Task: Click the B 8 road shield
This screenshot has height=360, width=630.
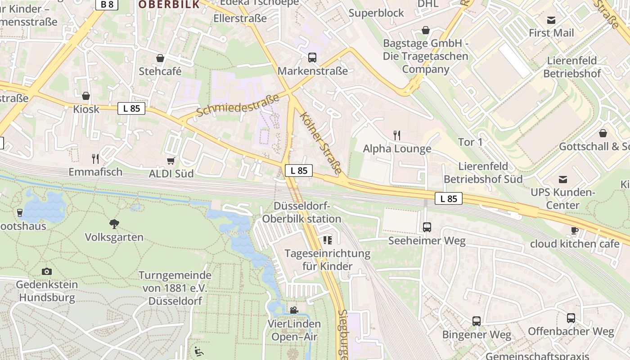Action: click(107, 4)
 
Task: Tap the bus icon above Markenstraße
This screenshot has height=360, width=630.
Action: click(312, 58)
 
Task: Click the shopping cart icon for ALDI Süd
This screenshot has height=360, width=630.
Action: click(171, 161)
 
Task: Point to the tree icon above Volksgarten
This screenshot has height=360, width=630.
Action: click(114, 224)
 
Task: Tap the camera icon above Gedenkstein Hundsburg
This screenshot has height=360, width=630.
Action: click(46, 271)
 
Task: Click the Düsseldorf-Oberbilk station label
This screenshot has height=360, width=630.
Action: click(301, 212)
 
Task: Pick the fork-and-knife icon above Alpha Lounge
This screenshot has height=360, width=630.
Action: click(396, 135)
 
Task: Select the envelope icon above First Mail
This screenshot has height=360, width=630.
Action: click(551, 20)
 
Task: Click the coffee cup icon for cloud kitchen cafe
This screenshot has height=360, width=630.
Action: click(574, 230)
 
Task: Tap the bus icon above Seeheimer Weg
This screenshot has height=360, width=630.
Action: click(427, 227)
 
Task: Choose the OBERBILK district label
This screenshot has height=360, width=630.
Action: click(169, 4)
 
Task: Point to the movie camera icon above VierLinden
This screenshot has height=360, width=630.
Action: click(294, 310)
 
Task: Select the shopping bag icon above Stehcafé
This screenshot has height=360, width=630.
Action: click(160, 58)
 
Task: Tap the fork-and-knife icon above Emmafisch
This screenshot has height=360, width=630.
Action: click(95, 158)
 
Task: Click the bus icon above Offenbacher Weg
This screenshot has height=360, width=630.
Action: click(571, 318)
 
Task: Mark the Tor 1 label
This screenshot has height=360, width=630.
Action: click(470, 142)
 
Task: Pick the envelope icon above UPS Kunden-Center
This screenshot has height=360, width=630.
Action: click(562, 180)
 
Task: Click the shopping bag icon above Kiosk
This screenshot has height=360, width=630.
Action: click(85, 96)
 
